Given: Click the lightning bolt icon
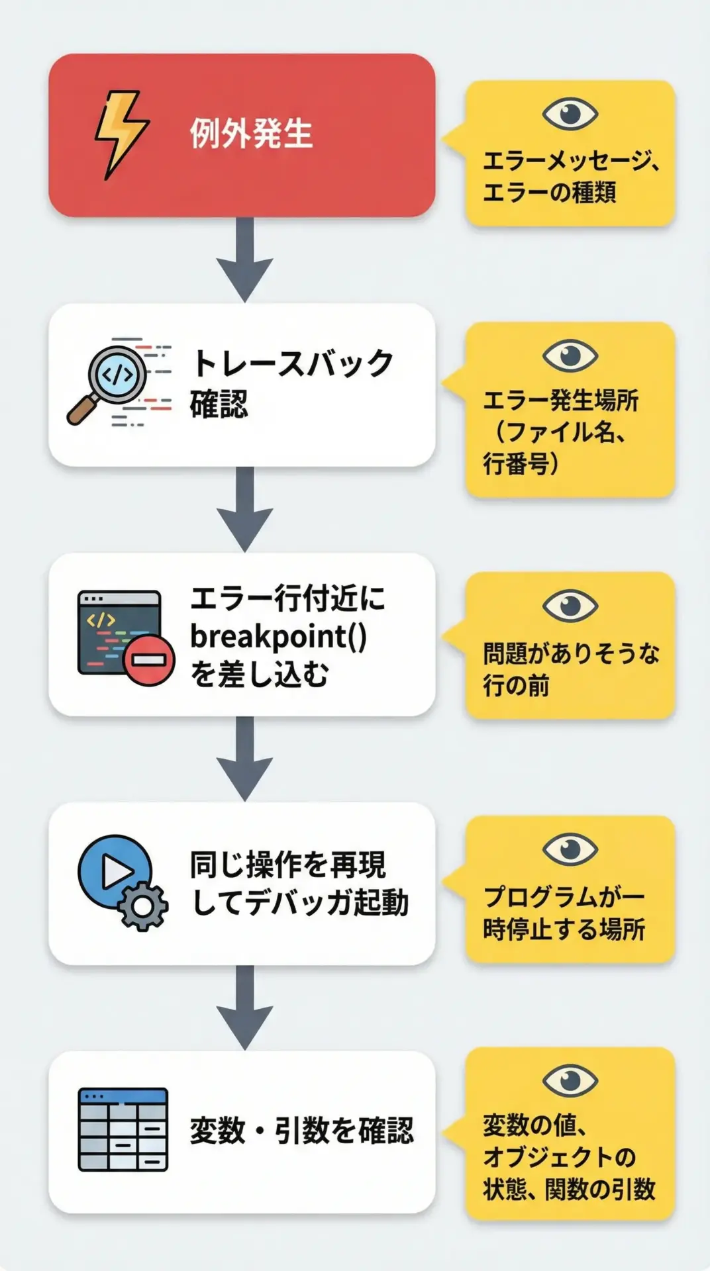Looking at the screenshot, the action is [x=121, y=135].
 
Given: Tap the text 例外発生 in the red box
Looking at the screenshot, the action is [x=251, y=134].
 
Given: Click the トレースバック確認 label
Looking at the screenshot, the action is [x=291, y=383].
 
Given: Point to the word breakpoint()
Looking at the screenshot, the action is [x=278, y=636].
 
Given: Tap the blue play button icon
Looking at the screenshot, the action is [x=114, y=871].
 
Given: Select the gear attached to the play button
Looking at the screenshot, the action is [x=142, y=906].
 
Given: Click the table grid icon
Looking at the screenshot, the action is [x=123, y=1129].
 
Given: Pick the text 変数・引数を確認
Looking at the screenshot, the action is [x=302, y=1130].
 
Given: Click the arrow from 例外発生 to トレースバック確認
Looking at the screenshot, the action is [x=245, y=259].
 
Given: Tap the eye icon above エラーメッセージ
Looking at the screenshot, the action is [x=570, y=113].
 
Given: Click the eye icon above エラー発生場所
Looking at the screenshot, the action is [x=570, y=355].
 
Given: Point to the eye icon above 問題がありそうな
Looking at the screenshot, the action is [x=570, y=605].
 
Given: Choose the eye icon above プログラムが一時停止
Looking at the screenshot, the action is [x=570, y=849].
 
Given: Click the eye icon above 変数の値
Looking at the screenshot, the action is [x=570, y=1081].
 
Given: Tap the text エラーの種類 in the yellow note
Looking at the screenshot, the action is [x=550, y=193].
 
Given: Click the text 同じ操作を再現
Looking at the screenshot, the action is [x=288, y=864].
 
